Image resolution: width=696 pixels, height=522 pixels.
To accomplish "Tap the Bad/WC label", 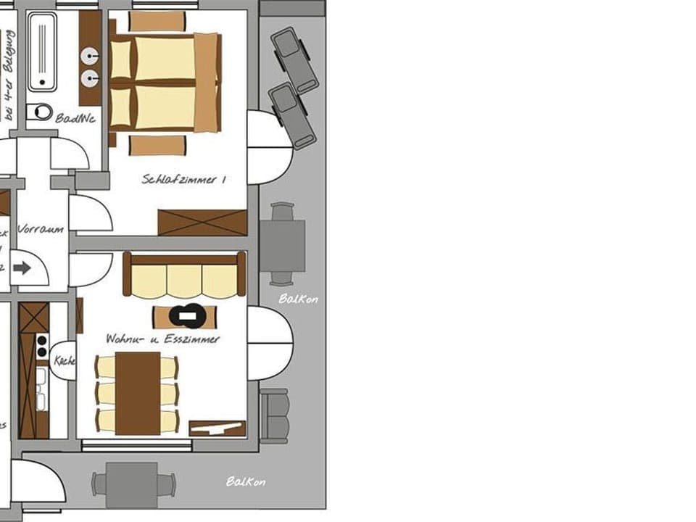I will (x=75, y=118).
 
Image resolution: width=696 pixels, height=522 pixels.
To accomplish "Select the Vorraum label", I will (x=41, y=229).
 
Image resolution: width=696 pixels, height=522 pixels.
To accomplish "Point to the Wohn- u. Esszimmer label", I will (x=162, y=339).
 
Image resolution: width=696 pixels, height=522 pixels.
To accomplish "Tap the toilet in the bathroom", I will (x=40, y=112).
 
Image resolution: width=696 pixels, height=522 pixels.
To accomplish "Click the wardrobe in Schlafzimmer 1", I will (x=202, y=223).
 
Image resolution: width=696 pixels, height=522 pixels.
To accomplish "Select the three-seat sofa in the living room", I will (x=184, y=275).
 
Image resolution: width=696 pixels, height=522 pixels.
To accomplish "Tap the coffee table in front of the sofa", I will (x=184, y=316).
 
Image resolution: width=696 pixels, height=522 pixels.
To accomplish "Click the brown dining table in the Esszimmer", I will (x=138, y=394).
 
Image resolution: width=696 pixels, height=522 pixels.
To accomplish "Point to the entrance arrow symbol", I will (x=22, y=268).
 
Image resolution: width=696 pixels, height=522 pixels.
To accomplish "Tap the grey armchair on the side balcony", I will (x=274, y=416).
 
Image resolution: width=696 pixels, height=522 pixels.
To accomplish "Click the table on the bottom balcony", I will (x=133, y=484).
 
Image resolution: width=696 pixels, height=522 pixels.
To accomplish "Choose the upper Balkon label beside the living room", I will (x=298, y=298).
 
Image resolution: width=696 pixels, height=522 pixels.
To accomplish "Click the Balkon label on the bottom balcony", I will (x=246, y=481).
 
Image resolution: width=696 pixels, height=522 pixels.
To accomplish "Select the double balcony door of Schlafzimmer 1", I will (x=268, y=147).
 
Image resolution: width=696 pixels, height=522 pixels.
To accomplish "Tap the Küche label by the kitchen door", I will (x=64, y=360).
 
